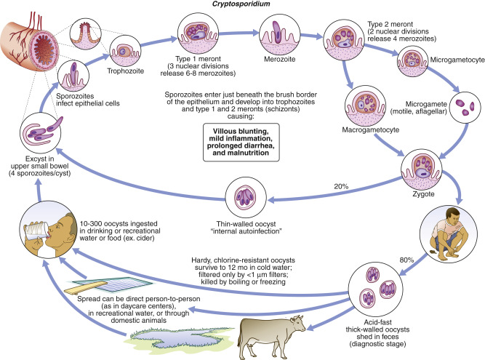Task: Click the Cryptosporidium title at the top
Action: click(x=241, y=4)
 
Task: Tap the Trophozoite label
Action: click(x=126, y=71)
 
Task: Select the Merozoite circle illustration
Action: click(x=280, y=34)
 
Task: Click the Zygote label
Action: click(x=423, y=194)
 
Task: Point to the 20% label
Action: click(x=341, y=186)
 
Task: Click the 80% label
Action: click(x=406, y=260)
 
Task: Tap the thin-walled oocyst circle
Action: click(x=246, y=197)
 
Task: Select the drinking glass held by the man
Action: click(x=36, y=230)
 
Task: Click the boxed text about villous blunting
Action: click(x=241, y=142)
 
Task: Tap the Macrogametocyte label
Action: click(x=371, y=129)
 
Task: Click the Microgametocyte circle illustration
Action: click(x=412, y=61)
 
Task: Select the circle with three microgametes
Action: click(x=465, y=108)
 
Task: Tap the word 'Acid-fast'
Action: click(x=377, y=322)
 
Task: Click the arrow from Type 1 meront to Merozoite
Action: click(x=239, y=33)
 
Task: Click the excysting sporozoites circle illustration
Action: click(x=40, y=132)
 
